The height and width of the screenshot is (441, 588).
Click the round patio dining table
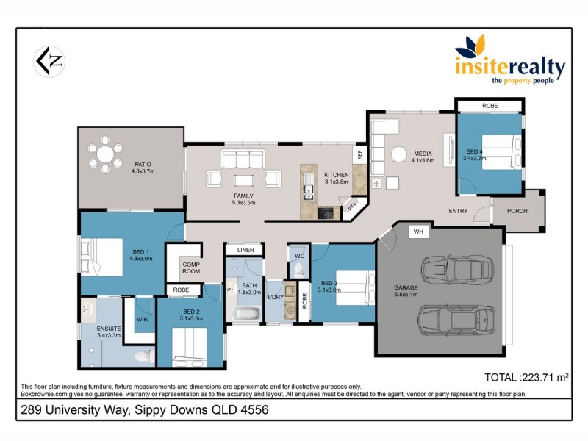[x=107, y=156]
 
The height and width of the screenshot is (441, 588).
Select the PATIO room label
[x=143, y=165]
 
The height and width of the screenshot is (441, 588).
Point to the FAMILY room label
[x=243, y=196]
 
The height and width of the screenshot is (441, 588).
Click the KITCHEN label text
[x=337, y=175]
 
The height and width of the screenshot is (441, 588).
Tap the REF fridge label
[x=360, y=155]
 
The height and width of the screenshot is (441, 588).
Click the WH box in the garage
[x=419, y=232]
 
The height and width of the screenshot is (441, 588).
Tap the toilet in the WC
[x=299, y=270]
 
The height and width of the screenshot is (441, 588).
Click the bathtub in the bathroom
[x=245, y=315]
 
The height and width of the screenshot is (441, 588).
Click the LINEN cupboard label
[x=245, y=251]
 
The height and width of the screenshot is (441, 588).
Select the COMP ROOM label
[x=191, y=268]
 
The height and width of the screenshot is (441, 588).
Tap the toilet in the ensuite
[x=143, y=356]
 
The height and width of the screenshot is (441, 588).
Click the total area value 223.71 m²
[x=527, y=378]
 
